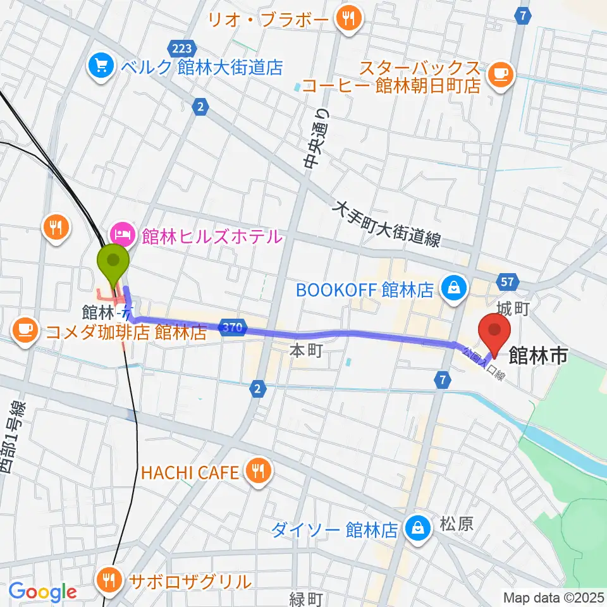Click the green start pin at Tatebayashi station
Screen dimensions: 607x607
pyautogui.click(x=114, y=261)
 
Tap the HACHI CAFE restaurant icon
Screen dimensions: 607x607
pyautogui.click(x=257, y=472)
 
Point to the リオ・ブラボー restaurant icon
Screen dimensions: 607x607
pyautogui.click(x=347, y=19)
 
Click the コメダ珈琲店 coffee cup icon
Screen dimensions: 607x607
pyautogui.click(x=25, y=329)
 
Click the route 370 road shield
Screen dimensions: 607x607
pyautogui.click(x=232, y=327)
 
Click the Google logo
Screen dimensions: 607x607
pyautogui.click(x=42, y=592)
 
